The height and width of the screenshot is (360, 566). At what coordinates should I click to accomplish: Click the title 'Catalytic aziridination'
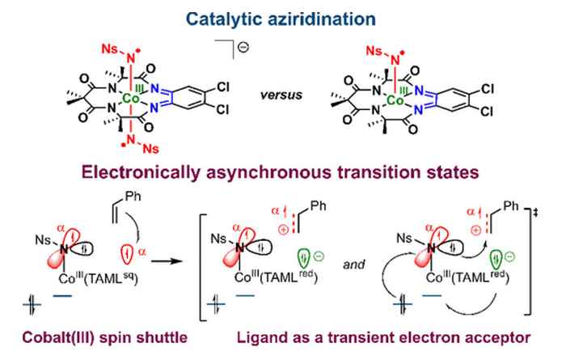[282, 15]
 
